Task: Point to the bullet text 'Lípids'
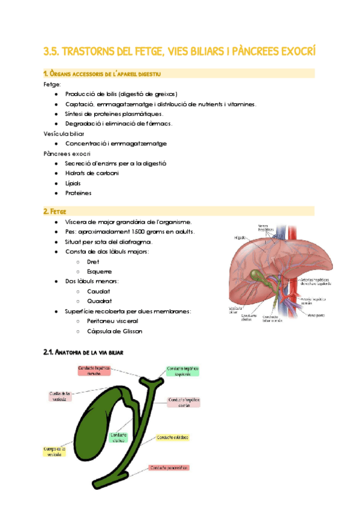click(73, 183)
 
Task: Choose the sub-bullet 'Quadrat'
click(99, 301)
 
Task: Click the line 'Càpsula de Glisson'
click(115, 331)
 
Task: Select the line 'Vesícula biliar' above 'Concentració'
click(64, 133)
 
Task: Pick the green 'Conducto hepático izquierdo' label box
click(182, 371)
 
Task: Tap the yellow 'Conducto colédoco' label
click(174, 438)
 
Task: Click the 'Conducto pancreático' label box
click(169, 468)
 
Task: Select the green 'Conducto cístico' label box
click(118, 437)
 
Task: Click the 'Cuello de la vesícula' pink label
click(61, 396)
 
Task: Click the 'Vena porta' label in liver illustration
click(317, 314)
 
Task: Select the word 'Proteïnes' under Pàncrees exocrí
click(78, 193)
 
